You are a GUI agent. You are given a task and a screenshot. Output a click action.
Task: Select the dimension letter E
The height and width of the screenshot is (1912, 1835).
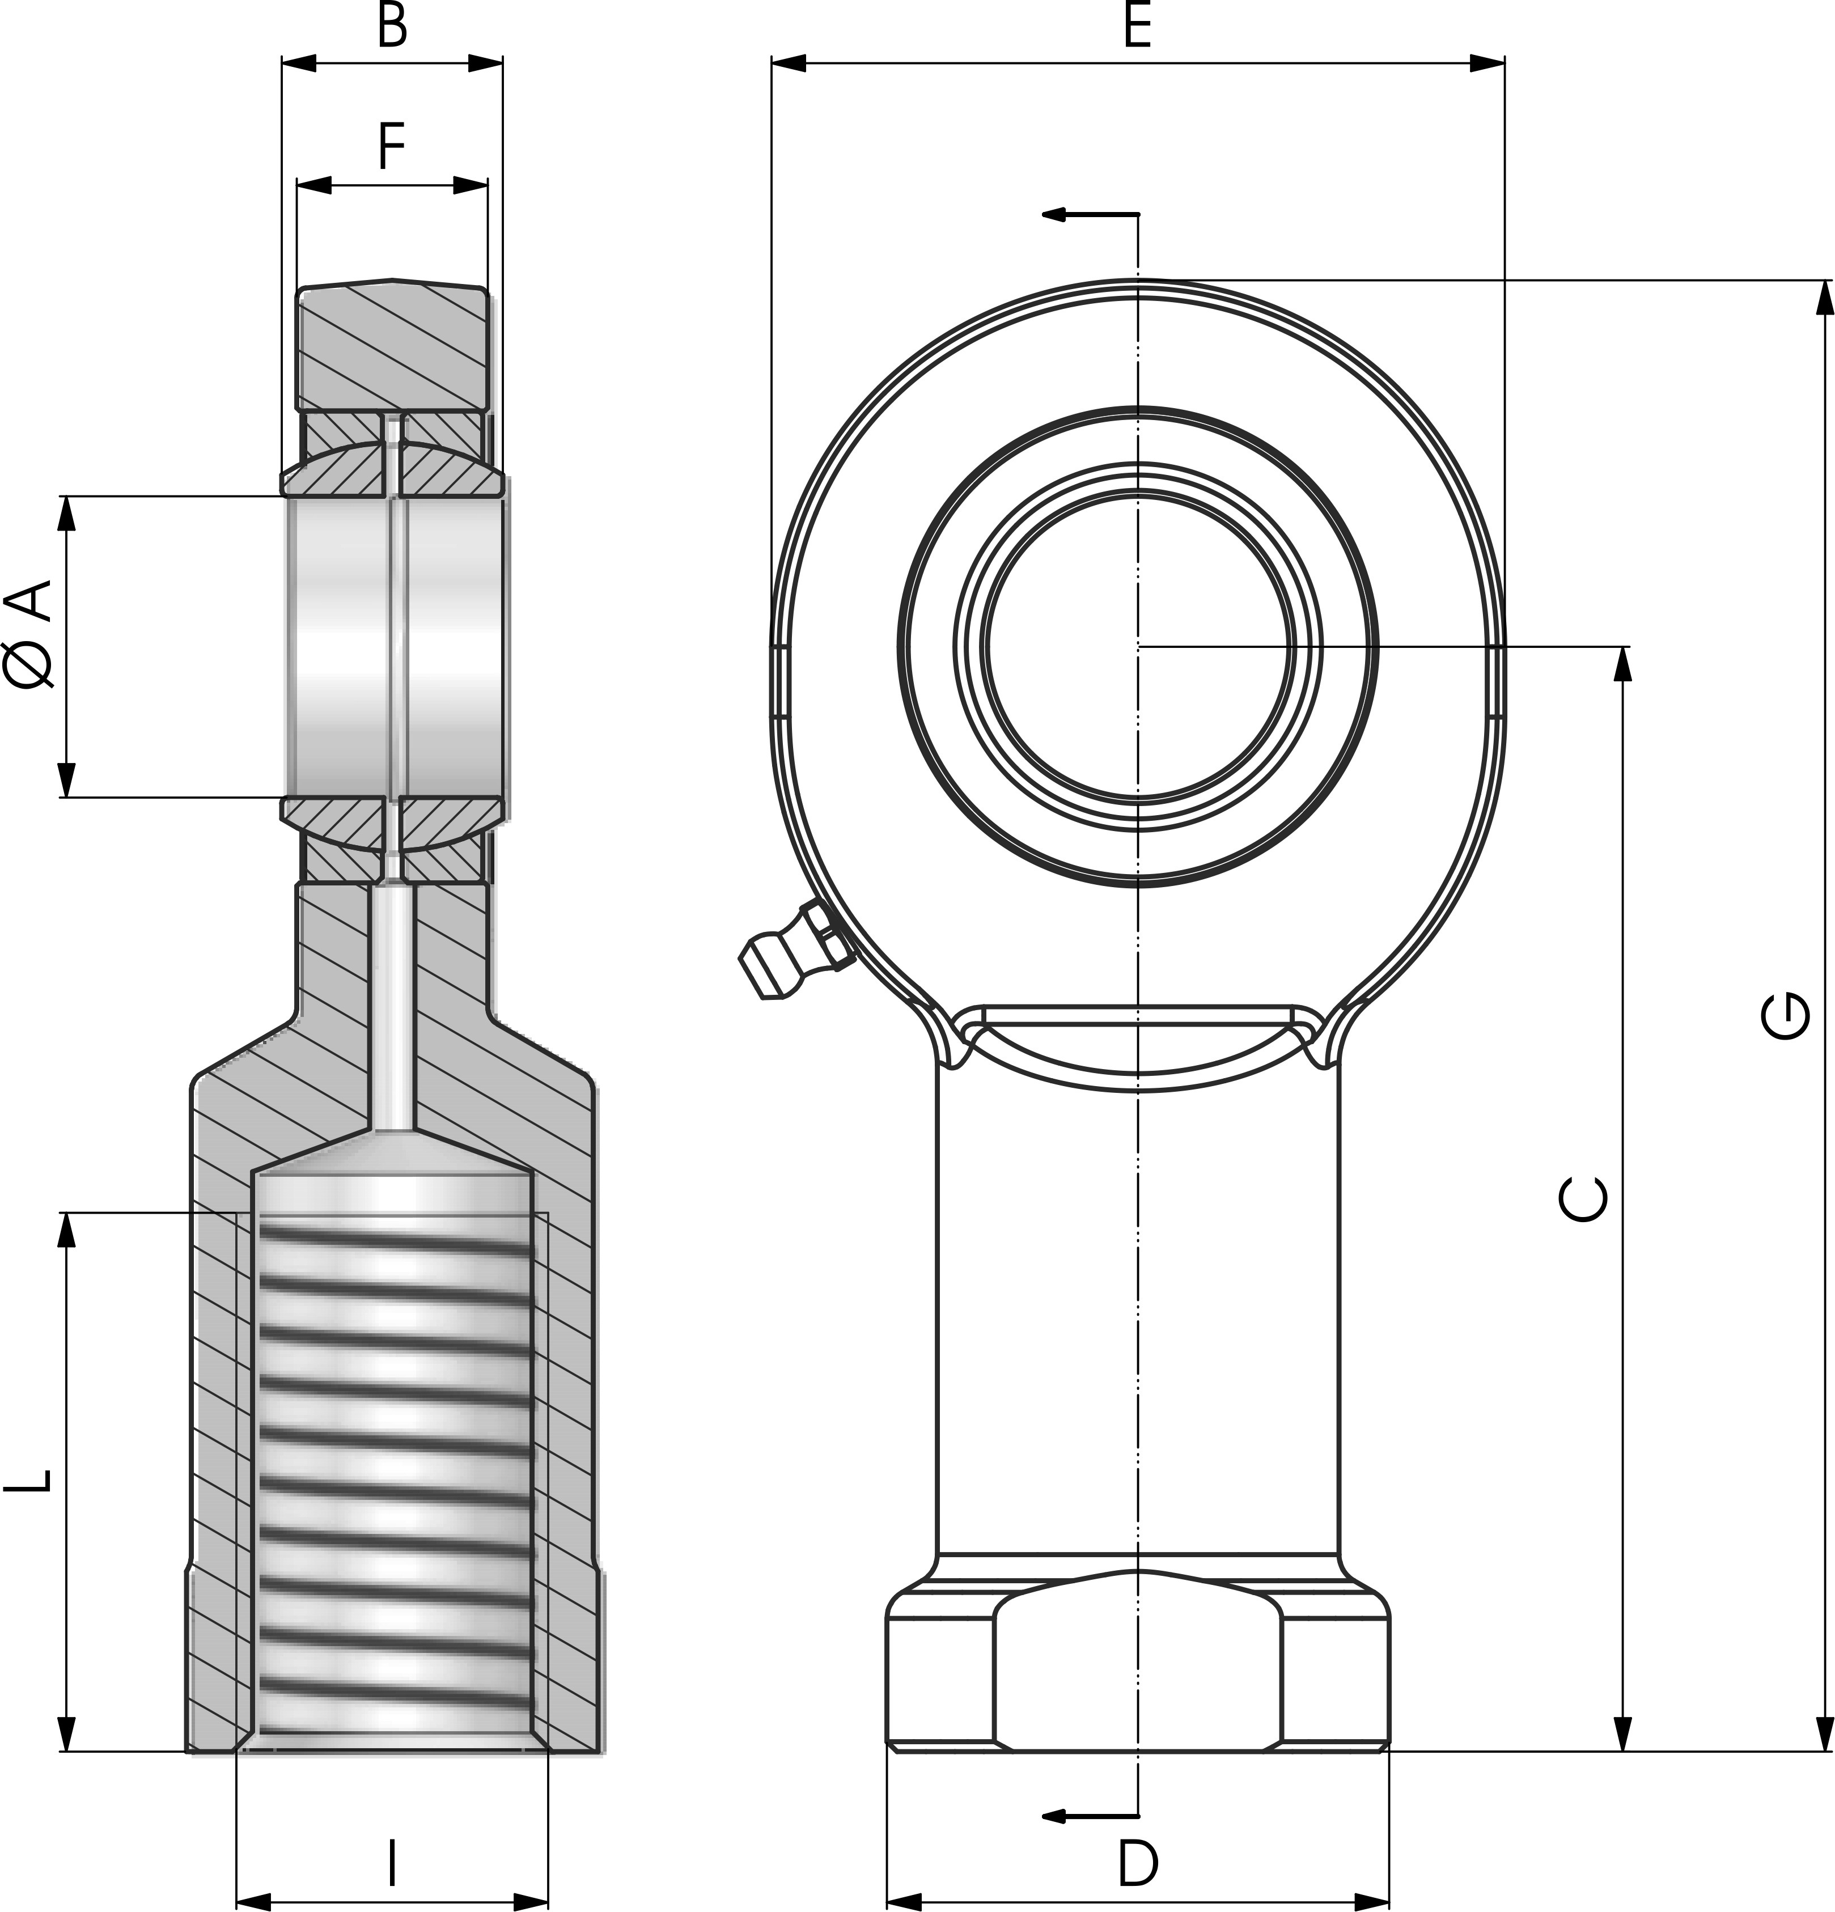pyautogui.click(x=1138, y=26)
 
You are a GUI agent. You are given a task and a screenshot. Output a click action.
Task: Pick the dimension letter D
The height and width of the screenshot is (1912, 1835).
pyautogui.click(x=1138, y=1863)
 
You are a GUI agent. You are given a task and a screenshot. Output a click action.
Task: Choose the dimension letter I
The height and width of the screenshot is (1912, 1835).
pyautogui.click(x=392, y=1863)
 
